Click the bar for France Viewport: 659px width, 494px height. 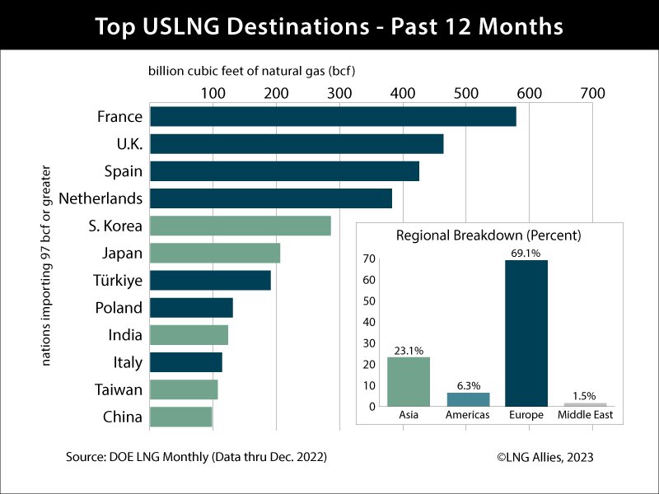click(333, 117)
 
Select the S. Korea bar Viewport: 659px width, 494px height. click(241, 226)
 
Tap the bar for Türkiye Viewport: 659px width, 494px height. click(210, 280)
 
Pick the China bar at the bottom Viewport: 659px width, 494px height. click(181, 417)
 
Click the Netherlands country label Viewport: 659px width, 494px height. click(100, 198)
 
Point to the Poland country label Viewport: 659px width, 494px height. click(119, 308)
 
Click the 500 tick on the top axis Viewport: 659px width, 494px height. click(466, 93)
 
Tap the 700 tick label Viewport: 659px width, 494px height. click(592, 93)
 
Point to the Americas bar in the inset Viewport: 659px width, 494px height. click(468, 399)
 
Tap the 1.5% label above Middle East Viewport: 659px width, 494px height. click(584, 396)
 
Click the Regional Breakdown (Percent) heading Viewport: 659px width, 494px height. click(488, 235)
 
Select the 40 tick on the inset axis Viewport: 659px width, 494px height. click(369, 322)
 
